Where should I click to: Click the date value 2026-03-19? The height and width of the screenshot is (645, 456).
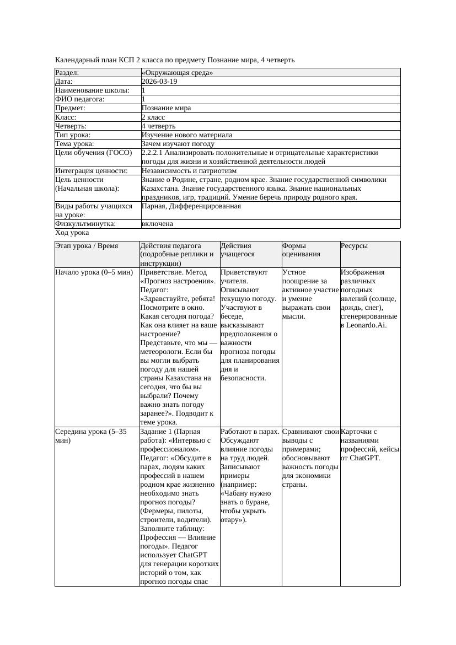click(x=159, y=82)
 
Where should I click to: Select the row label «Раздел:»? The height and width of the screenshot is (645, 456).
click(x=67, y=73)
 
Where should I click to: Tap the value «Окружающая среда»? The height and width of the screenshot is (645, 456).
click(x=177, y=73)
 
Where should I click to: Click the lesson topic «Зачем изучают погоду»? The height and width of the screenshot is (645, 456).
click(x=178, y=144)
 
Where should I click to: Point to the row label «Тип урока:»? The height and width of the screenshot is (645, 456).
click(x=73, y=135)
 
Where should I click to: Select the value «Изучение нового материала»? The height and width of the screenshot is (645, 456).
click(x=187, y=135)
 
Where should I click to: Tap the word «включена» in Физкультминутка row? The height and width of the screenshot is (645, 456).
click(x=157, y=224)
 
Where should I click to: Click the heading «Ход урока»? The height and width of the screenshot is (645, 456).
click(x=72, y=233)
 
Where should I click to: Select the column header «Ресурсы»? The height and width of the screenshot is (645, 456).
click(x=354, y=246)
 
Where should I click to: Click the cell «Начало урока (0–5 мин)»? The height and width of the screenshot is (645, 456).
click(x=94, y=272)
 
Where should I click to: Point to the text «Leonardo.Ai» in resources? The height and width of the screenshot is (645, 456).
click(x=367, y=325)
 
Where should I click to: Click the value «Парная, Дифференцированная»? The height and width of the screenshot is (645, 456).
click(x=191, y=206)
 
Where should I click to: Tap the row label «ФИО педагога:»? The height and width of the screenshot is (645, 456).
click(x=80, y=99)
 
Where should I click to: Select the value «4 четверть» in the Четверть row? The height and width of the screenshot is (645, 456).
click(x=158, y=126)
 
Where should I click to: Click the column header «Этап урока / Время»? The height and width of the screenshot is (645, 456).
click(x=87, y=246)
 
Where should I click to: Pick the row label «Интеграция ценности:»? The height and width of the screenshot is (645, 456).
click(x=91, y=171)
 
